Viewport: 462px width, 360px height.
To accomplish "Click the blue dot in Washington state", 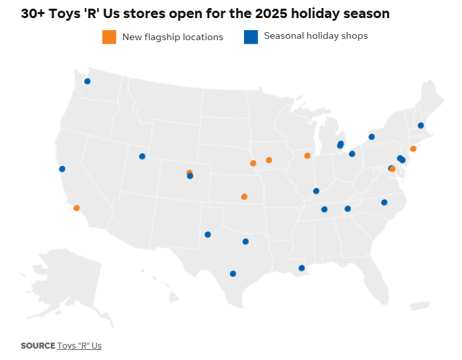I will click(87, 82).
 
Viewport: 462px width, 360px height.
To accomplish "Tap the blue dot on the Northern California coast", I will click(62, 169).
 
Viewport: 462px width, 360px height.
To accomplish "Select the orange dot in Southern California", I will click(77, 208).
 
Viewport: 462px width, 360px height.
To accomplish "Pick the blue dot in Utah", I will click(142, 157).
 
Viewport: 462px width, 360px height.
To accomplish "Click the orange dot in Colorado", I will click(189, 173).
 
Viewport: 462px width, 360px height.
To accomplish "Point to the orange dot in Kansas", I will click(244, 197).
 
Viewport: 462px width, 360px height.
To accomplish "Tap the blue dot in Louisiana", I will click(302, 268).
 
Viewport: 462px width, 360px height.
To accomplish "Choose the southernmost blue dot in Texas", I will click(233, 274).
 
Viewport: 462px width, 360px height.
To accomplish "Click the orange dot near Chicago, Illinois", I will click(308, 156).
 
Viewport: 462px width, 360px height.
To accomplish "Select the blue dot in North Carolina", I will click(384, 203).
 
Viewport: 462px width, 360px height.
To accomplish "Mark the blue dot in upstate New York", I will click(372, 137).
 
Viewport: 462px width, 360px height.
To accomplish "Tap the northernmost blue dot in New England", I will click(421, 126).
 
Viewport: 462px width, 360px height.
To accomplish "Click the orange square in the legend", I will click(109, 37).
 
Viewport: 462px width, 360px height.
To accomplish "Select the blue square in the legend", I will click(251, 37).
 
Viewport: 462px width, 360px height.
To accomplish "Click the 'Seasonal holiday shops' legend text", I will click(316, 36).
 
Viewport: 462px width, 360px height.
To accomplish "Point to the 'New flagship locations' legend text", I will click(172, 37).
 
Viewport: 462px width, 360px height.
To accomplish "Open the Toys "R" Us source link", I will click(80, 346).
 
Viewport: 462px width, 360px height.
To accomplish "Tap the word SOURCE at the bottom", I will click(37, 346).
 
